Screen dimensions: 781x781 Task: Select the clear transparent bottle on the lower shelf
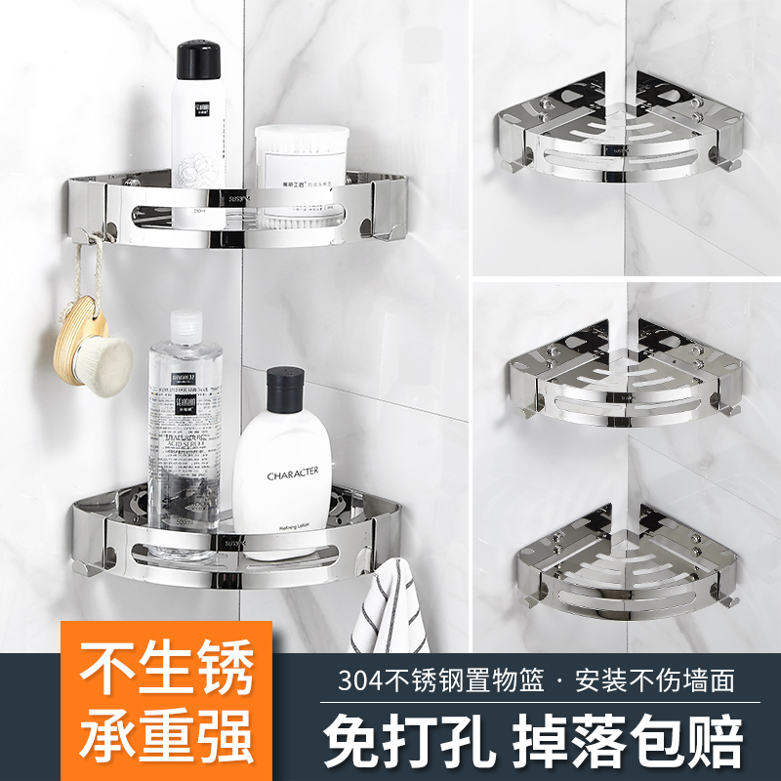[184, 430]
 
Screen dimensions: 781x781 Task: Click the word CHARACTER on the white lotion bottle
[293, 473]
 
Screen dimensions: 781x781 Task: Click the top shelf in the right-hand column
[625, 131]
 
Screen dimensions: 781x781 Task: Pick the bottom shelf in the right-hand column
[625, 561]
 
